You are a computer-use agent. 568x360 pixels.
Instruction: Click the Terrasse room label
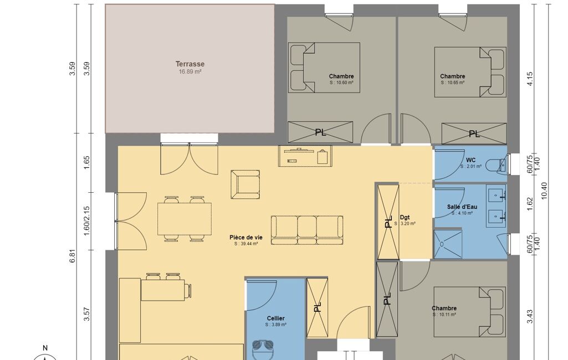coord(190,64)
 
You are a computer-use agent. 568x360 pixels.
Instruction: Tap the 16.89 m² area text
coord(190,71)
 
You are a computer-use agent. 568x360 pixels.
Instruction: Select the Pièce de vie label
coord(246,238)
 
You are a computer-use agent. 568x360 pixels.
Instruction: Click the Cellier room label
coord(275,318)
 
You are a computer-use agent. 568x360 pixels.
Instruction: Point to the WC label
coord(471,160)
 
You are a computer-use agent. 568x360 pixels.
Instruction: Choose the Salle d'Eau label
coord(462,207)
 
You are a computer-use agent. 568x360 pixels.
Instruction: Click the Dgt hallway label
coord(405,217)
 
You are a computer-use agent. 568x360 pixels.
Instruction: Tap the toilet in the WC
coord(495,165)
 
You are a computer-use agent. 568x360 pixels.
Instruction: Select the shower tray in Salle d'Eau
coord(448,243)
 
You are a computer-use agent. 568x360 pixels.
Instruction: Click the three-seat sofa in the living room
coord(307,230)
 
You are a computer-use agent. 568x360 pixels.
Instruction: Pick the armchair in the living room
coord(245,184)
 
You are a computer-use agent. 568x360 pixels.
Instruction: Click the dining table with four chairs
coord(185,219)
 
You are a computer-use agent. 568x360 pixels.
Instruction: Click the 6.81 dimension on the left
coord(73,256)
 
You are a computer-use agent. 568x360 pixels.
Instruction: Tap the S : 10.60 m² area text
coord(341,83)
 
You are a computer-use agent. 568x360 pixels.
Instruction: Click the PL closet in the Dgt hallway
coord(388,222)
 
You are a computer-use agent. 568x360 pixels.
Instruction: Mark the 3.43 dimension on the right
coord(530,316)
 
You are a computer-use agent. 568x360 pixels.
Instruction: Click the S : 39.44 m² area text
coord(246,244)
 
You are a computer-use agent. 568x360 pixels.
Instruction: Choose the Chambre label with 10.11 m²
coord(444,308)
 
